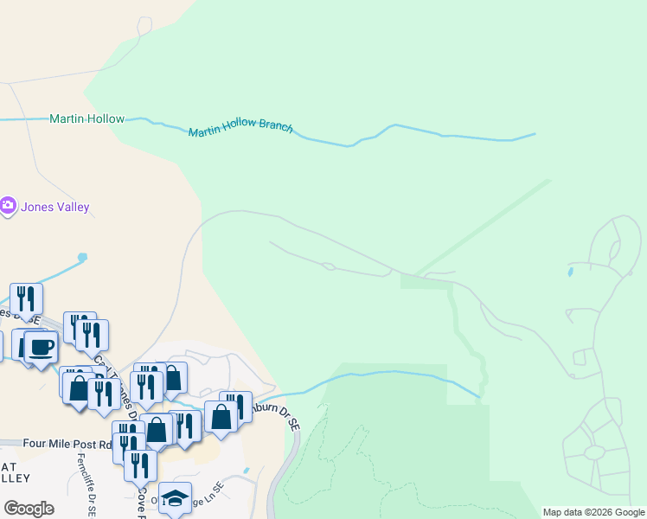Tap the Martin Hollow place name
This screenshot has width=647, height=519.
86,119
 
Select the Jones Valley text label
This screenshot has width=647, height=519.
57,208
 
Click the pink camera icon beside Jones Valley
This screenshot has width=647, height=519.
8,206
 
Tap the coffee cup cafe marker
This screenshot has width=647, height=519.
41,347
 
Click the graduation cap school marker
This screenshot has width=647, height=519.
176,497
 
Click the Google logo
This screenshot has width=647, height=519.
29,509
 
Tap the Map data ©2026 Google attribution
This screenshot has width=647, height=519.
593,512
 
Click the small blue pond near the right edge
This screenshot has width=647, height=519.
570,272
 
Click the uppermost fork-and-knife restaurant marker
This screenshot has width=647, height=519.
26,298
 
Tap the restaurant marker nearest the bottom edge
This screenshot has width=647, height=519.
140,465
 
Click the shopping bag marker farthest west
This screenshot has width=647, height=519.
78,386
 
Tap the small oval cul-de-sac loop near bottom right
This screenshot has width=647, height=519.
594,452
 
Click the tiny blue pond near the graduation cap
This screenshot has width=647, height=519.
246,471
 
